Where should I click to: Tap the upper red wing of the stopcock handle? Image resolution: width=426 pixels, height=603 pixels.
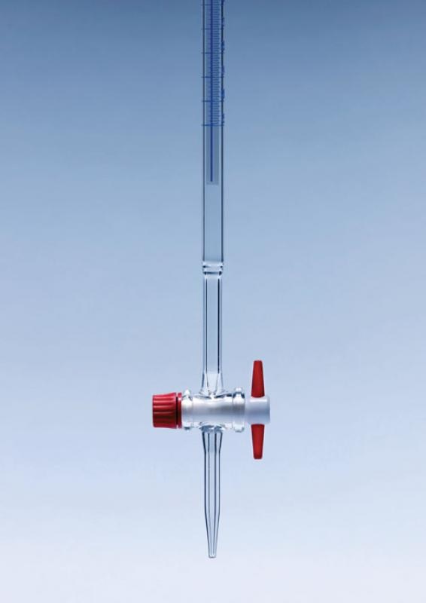[257, 377]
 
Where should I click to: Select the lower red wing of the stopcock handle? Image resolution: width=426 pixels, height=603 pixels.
[257, 443]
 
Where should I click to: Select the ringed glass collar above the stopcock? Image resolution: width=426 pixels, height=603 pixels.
[212, 267]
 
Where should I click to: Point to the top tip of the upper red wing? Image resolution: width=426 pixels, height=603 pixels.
[257, 363]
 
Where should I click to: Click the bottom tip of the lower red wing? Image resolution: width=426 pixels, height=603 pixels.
[257, 458]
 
